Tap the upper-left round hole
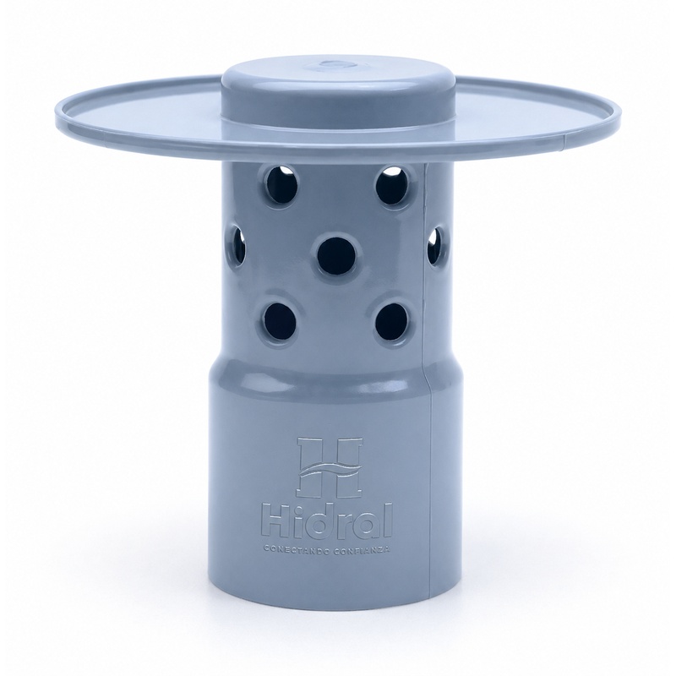coord(281,184)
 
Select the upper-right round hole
coord(392,184)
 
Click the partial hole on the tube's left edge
coord(238,245)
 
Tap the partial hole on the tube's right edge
coord(433,246)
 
